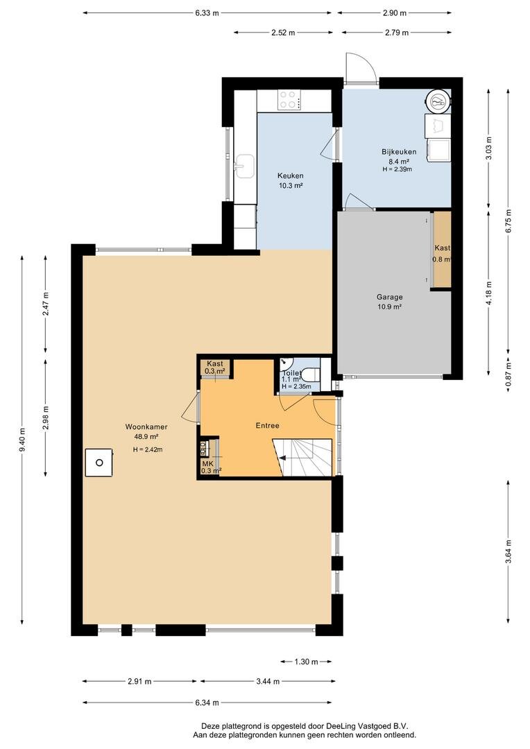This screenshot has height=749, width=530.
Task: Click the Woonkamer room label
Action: click(146, 427)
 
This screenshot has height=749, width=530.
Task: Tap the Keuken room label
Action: click(291, 175)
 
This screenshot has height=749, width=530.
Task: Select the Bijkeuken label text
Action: click(399, 152)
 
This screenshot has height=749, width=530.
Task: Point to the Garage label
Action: click(389, 297)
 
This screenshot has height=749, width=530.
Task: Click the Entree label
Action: click(267, 426)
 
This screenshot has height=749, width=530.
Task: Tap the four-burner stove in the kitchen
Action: click(289, 100)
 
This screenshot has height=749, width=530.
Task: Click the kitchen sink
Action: click(246, 166)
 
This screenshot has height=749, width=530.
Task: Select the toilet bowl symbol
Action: click(311, 373)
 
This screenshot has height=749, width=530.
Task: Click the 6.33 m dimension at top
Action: click(207, 13)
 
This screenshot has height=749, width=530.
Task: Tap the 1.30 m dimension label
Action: click(306, 662)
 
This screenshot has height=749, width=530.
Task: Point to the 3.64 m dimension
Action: click(508, 552)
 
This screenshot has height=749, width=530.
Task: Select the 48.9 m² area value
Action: click(146, 437)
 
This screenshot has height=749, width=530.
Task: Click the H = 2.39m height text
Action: click(397, 169)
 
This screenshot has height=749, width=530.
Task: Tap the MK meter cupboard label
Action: click(207, 463)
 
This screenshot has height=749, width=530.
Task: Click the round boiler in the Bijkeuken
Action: click(438, 101)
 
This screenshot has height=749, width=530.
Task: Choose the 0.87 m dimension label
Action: click(508, 375)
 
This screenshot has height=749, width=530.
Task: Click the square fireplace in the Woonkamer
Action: click(99, 463)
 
